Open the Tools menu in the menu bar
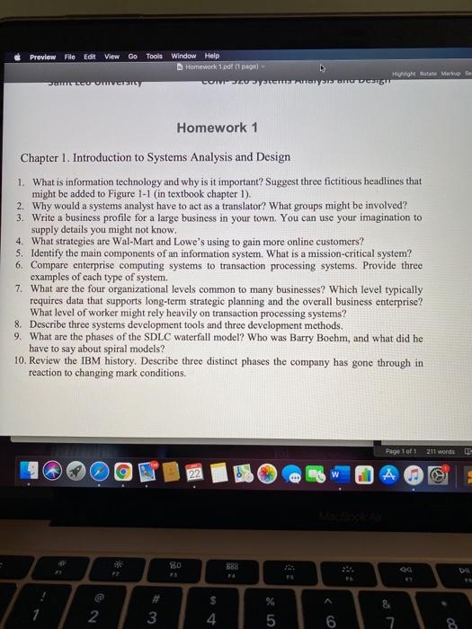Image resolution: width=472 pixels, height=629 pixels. (155, 55)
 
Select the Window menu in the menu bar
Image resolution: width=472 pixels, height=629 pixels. (183, 55)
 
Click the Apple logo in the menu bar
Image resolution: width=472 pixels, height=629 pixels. (17, 55)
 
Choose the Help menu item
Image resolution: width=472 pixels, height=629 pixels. (211, 55)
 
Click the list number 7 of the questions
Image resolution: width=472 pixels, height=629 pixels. (20, 288)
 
